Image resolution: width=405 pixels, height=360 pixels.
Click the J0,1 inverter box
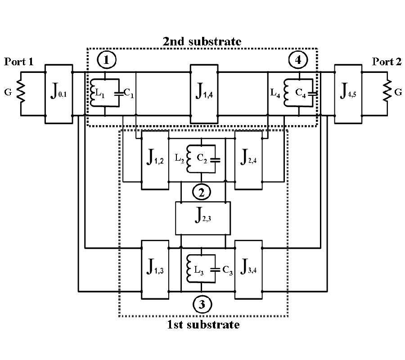coord(59,94)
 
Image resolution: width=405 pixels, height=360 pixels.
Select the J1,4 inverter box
coord(204,94)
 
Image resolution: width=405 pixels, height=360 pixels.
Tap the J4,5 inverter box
coord(348,94)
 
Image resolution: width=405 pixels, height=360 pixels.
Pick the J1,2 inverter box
coord(155,160)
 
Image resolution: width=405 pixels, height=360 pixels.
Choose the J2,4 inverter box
coord(248,160)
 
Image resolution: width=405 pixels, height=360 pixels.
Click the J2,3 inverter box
coord(202,218)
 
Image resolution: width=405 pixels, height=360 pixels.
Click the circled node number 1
coord(106,59)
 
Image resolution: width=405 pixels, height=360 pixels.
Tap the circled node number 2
coord(202,193)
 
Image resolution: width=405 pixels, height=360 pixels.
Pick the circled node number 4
coord(298,59)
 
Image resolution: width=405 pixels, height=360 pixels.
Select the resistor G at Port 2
coord(386,94)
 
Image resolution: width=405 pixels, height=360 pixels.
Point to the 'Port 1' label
coord(18,62)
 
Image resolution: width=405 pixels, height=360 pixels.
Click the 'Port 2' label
coord(386,62)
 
